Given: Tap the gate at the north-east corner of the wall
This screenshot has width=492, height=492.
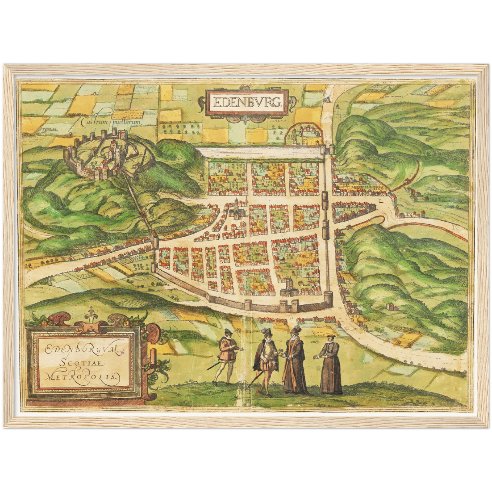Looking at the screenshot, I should [x=329, y=148].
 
